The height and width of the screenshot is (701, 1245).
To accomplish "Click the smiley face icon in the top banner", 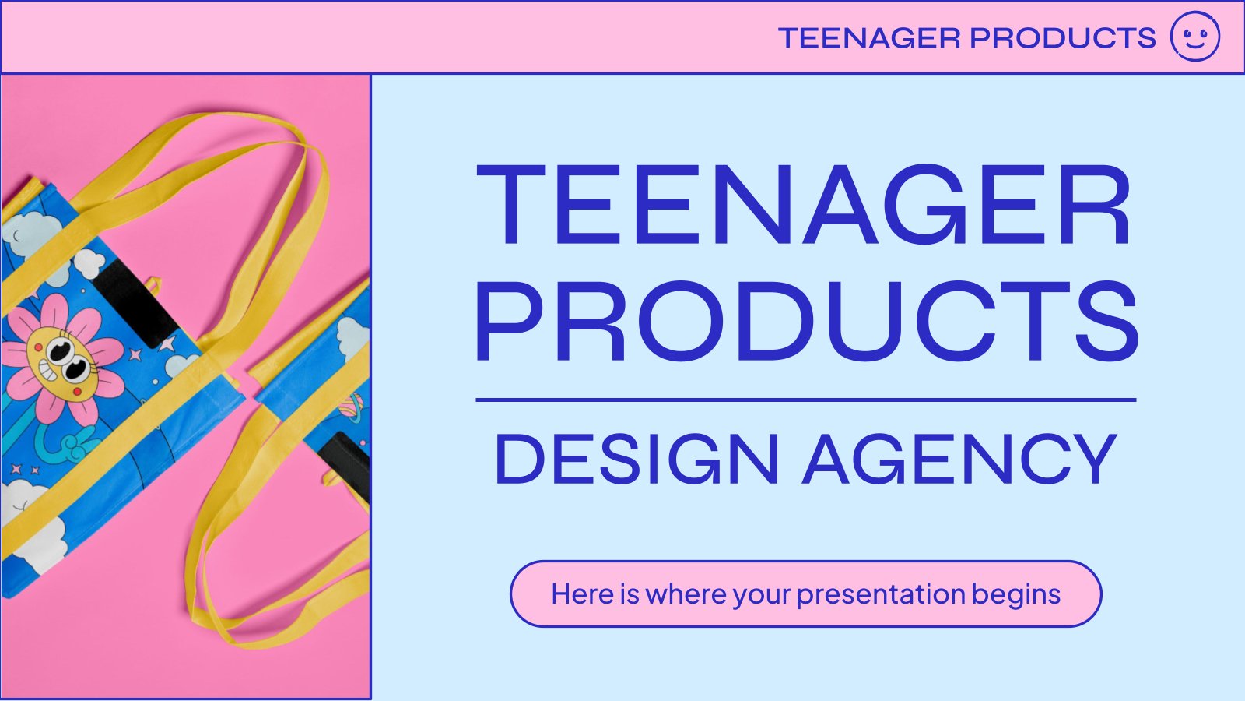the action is point(1195,36).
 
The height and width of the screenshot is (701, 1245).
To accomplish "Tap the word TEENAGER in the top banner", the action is point(869,38).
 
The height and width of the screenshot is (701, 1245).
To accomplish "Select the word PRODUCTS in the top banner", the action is point(1063,38).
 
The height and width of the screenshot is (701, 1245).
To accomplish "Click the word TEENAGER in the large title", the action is point(803,204).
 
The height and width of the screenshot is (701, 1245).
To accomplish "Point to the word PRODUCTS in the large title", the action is point(806,321).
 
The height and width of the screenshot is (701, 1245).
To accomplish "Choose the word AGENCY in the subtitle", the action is point(959,460).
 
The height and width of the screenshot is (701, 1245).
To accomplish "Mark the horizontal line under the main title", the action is point(806,400).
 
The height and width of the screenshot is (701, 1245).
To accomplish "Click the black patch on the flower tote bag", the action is point(133,303).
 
